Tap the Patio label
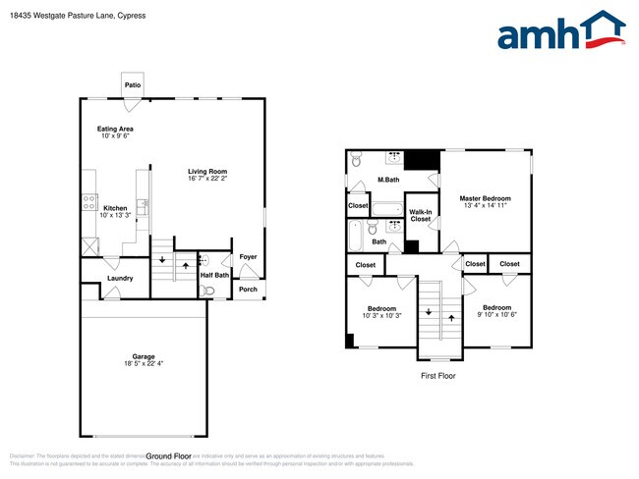133,85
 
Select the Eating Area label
115,129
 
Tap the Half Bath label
214,275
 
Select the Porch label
248,290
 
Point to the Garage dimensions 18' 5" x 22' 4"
144,364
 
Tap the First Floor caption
438,375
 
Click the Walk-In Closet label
421,215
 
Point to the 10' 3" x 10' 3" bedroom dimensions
381,315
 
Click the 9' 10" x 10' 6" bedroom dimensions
496,315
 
